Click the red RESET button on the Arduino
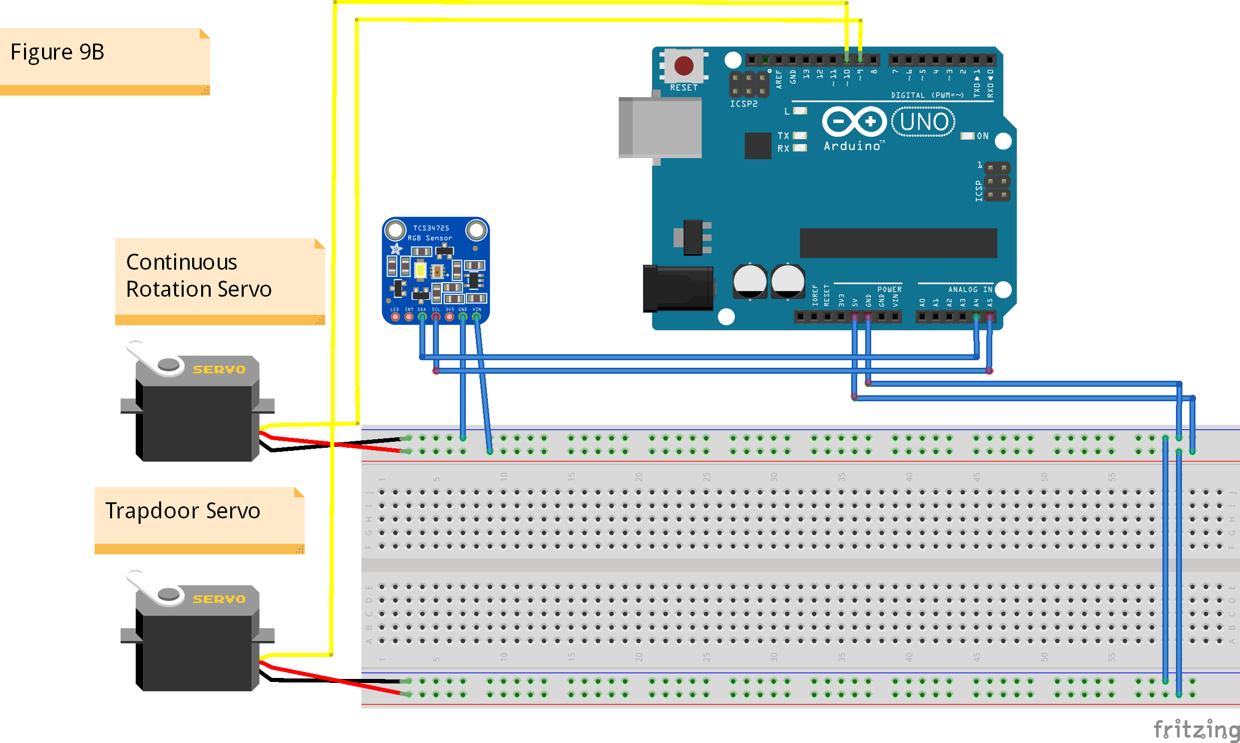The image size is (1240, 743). (684, 66)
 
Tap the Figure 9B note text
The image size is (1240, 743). (57, 52)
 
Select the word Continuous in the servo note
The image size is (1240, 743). (181, 262)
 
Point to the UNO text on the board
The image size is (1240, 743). (923, 122)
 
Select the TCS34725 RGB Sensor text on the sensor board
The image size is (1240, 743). (430, 233)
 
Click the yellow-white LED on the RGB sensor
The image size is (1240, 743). (420, 270)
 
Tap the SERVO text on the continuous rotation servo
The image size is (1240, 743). (219, 369)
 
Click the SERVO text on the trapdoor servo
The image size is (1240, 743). (219, 599)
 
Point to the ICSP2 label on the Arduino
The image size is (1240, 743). (744, 104)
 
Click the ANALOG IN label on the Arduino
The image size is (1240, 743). (970, 289)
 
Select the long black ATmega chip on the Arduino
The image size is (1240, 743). (898, 243)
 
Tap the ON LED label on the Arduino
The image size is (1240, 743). (982, 136)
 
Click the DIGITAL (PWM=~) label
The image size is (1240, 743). (927, 95)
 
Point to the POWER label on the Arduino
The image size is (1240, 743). (889, 289)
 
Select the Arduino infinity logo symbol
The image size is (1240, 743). (854, 122)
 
